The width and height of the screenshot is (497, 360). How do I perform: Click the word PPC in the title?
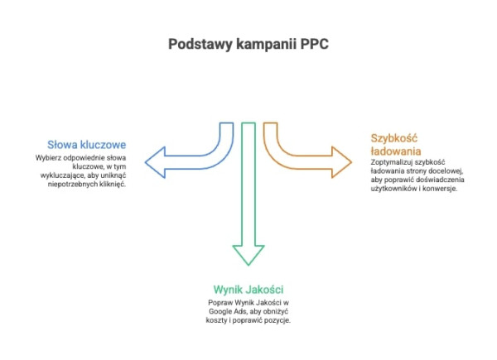point(313,44)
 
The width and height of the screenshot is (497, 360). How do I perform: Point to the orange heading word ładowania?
point(396,152)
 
